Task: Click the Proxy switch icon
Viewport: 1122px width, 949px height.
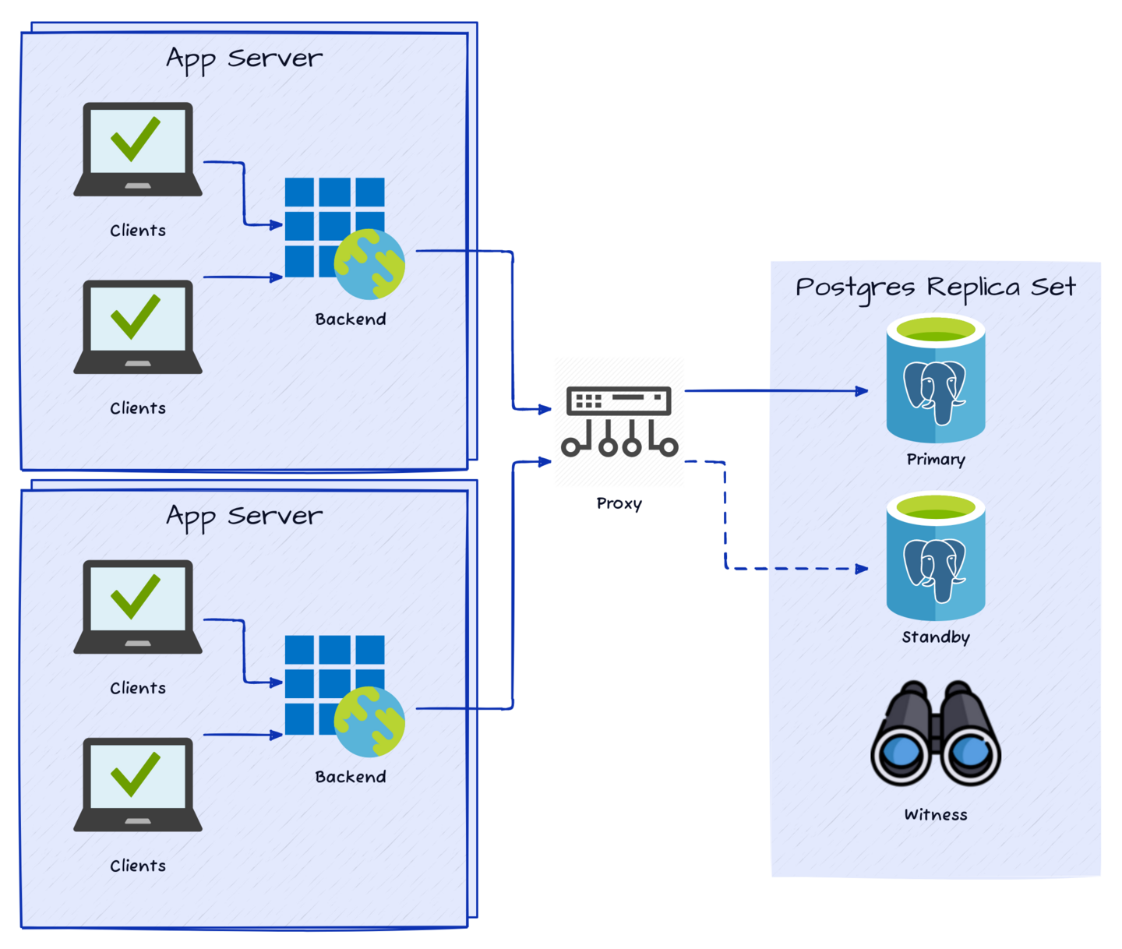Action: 619,422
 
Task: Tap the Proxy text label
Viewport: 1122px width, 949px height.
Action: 619,503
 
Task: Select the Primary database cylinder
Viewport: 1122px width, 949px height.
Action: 936,379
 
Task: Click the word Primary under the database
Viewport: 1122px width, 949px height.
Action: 936,460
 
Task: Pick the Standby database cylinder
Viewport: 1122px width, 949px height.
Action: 936,556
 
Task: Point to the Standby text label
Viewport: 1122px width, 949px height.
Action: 936,637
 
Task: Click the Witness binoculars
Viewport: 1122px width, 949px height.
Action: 936,733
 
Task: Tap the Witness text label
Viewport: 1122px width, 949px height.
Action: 936,815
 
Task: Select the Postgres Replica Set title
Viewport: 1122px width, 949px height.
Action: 935,288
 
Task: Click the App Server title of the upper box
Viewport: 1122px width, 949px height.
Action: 244,58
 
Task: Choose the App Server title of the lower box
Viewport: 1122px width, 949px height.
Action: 244,516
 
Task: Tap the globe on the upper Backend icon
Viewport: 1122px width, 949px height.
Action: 369,264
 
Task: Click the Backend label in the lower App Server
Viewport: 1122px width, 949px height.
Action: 351,777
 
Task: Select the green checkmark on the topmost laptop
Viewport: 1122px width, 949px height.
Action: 136,138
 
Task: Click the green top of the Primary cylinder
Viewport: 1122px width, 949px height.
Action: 936,330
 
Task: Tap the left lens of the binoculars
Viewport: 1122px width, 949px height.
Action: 901,753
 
